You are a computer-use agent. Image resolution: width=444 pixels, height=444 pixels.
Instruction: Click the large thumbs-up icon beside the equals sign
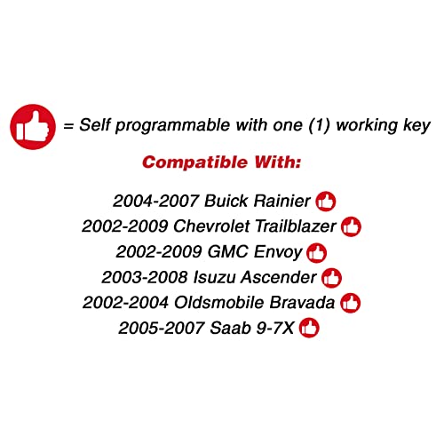pos(32,125)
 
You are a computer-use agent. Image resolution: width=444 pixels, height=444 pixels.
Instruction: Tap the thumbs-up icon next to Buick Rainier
pos(326,201)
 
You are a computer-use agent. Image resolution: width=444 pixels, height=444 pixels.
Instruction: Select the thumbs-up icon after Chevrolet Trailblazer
pos(352,226)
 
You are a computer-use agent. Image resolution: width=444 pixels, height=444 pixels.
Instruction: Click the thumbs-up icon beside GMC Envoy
pos(316,252)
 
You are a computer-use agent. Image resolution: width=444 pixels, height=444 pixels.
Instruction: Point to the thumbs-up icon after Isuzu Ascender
pos(331,278)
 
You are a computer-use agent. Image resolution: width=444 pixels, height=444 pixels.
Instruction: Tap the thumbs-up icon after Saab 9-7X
pos(309,329)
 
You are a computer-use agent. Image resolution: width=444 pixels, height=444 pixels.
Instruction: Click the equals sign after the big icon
pos(67,126)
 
